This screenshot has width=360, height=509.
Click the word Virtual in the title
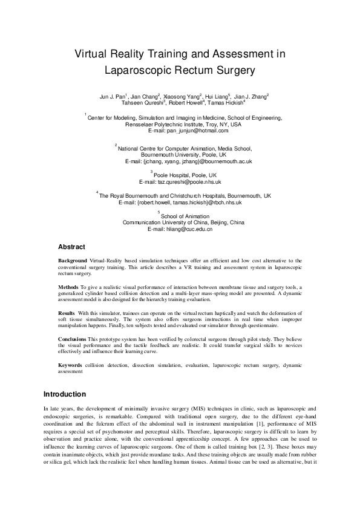(x=90, y=54)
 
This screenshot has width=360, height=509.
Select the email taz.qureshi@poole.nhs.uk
(x=180, y=181)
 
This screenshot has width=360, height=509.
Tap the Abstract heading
(x=71, y=247)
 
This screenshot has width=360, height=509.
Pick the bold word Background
(x=72, y=260)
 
